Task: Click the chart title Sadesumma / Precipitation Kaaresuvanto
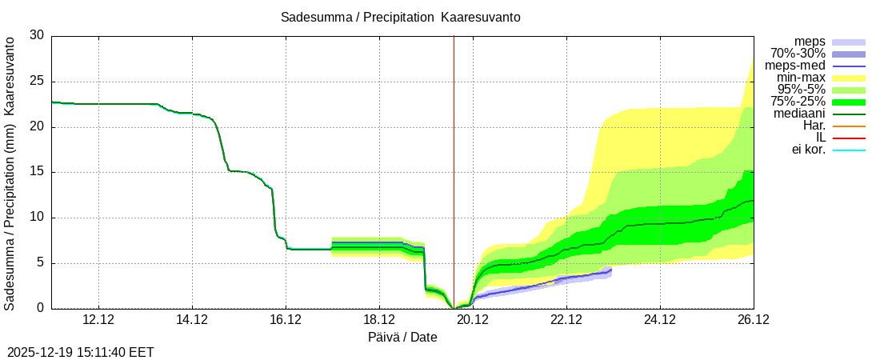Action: pos(401,18)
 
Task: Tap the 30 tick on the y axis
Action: pos(37,36)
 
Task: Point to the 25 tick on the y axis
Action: pos(37,82)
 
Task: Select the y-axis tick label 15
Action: pos(37,172)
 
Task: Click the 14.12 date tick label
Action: pos(192,320)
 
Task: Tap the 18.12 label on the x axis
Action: pos(379,320)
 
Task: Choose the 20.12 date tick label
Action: pos(473,320)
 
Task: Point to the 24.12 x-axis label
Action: pos(660,320)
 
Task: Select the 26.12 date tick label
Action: pos(754,320)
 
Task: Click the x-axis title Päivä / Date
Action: pos(402,338)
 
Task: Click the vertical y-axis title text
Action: pos(10,172)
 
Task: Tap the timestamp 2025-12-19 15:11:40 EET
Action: pos(81,352)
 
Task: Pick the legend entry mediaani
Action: pos(799,114)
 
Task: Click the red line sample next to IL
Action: pos(849,138)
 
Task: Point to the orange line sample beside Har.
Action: pos(849,126)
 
